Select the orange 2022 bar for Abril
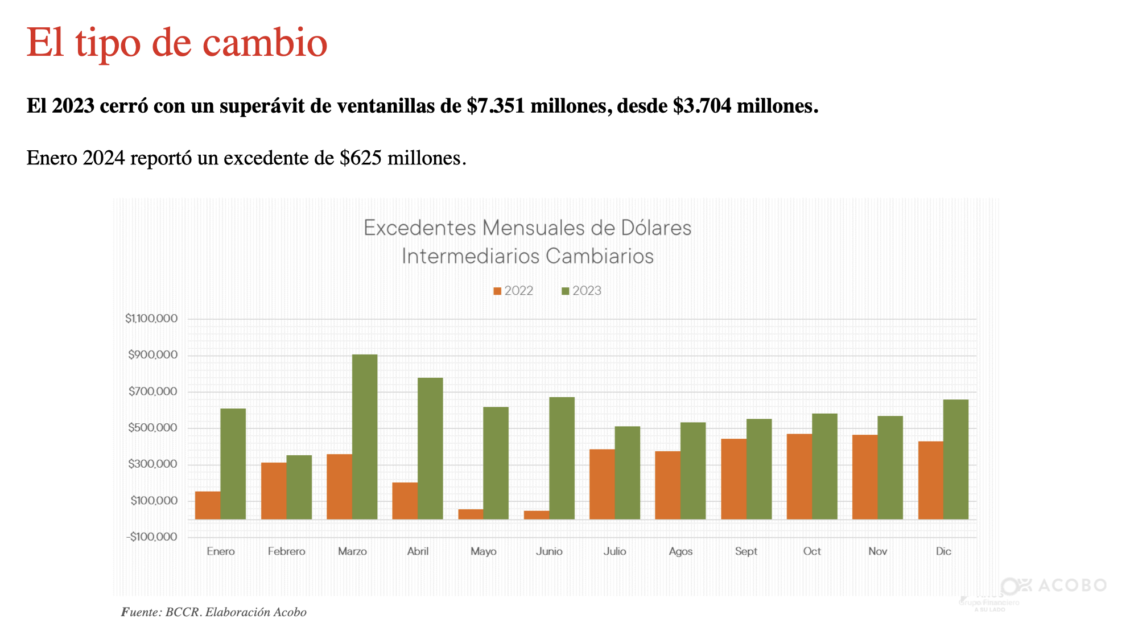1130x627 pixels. point(405,501)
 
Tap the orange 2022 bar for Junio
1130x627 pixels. point(537,515)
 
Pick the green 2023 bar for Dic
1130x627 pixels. point(956,459)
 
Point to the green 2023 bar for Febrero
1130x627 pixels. point(299,487)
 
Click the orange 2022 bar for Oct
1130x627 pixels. point(799,476)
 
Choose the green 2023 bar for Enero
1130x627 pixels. point(233,464)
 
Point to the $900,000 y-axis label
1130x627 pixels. point(152,355)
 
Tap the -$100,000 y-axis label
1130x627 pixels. point(151,537)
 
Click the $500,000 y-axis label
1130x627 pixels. point(152,428)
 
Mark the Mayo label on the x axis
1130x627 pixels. point(484,551)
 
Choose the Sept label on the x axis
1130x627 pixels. point(746,551)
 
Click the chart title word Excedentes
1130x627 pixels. point(420,228)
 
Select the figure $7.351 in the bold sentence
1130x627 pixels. point(496,106)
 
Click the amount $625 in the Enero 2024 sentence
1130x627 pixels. point(361,158)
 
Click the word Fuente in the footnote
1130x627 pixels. point(141,612)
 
